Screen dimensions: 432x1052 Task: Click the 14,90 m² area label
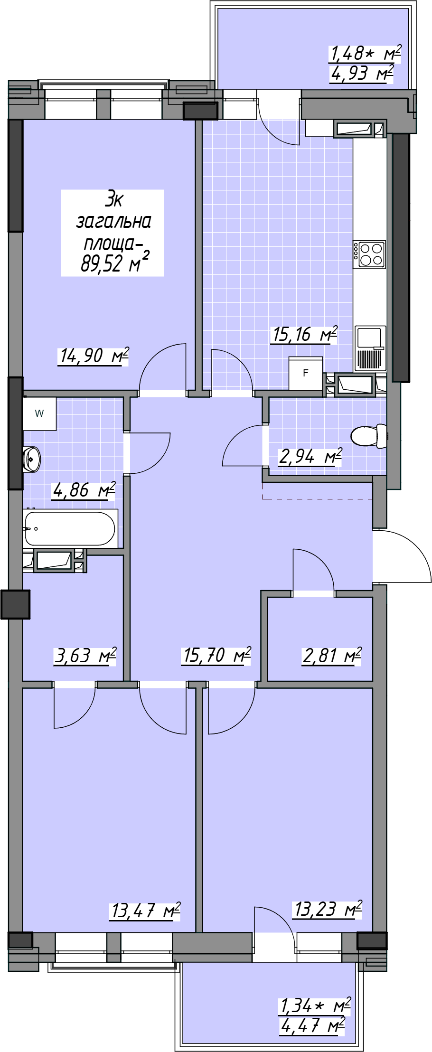(94, 356)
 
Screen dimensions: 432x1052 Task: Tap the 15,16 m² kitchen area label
(304, 334)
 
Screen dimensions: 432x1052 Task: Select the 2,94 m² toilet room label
(310, 457)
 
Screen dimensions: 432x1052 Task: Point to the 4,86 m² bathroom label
(84, 490)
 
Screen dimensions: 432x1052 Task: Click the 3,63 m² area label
(85, 656)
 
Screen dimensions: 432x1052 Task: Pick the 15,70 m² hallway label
(216, 655)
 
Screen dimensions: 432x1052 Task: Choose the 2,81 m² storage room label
(332, 656)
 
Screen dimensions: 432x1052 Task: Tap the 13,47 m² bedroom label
(145, 911)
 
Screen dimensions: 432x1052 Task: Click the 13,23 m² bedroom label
(328, 909)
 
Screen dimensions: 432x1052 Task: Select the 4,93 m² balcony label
(362, 74)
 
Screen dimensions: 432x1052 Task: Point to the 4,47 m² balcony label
(312, 1026)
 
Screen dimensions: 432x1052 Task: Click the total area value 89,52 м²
(115, 263)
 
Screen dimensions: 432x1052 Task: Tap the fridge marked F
(306, 373)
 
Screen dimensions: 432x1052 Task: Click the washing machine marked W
(39, 413)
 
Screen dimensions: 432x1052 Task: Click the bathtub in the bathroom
(70, 528)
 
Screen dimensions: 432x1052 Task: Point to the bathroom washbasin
(32, 459)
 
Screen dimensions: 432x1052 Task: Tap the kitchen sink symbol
(370, 348)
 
